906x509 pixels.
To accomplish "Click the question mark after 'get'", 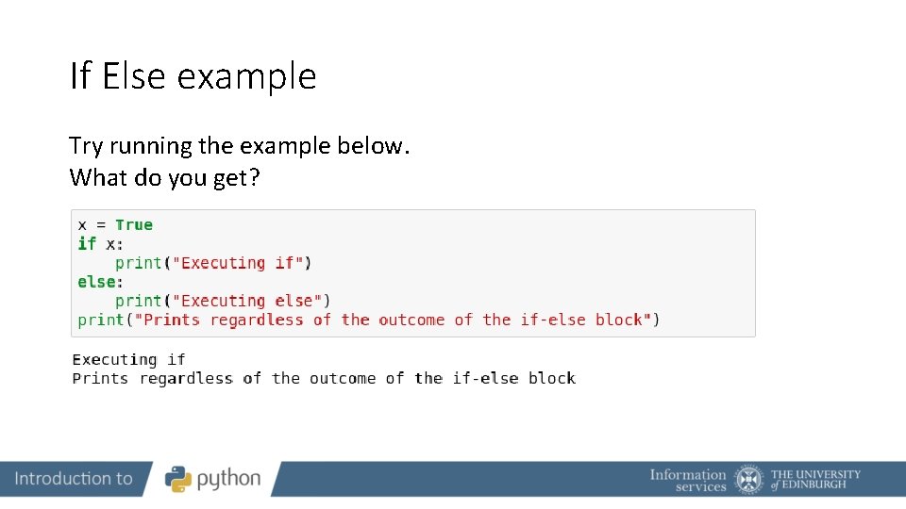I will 253,177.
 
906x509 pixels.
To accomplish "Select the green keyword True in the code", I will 134,224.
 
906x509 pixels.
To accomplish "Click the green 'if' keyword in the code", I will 87,243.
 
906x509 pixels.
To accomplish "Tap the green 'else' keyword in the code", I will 96,282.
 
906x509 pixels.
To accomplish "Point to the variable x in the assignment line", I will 82,225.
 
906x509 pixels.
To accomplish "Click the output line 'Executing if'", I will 128,359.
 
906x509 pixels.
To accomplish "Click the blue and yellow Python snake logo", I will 178,479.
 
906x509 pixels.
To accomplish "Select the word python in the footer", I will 229,480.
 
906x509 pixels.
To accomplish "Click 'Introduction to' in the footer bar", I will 74,479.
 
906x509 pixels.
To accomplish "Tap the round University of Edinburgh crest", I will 749,479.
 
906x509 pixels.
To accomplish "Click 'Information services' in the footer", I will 688,480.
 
